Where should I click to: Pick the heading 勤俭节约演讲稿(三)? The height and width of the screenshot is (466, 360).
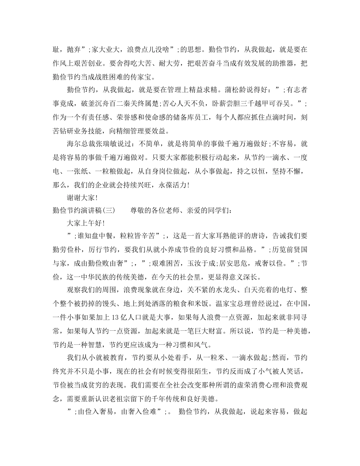tap(83, 210)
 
